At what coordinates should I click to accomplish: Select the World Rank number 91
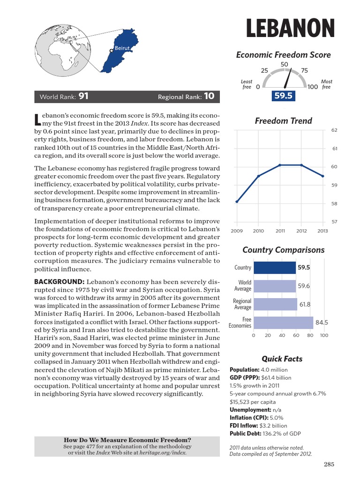83,97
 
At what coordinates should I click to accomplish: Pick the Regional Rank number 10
209,97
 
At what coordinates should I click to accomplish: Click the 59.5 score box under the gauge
283,96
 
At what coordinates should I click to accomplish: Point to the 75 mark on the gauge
304,71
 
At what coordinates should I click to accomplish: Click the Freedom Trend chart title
283,121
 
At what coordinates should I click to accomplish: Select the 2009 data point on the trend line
237,202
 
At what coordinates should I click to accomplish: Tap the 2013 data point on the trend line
322,176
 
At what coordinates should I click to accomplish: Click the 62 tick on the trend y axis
334,130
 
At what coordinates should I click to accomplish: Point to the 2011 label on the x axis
280,231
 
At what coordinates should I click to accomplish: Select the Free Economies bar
283,322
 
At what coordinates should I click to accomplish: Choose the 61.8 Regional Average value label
305,304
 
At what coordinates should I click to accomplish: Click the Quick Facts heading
282,359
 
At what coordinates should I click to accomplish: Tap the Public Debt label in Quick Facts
245,434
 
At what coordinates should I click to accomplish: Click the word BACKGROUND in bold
59,281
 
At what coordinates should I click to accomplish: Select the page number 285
329,465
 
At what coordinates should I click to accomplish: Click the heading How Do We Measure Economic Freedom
127,440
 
